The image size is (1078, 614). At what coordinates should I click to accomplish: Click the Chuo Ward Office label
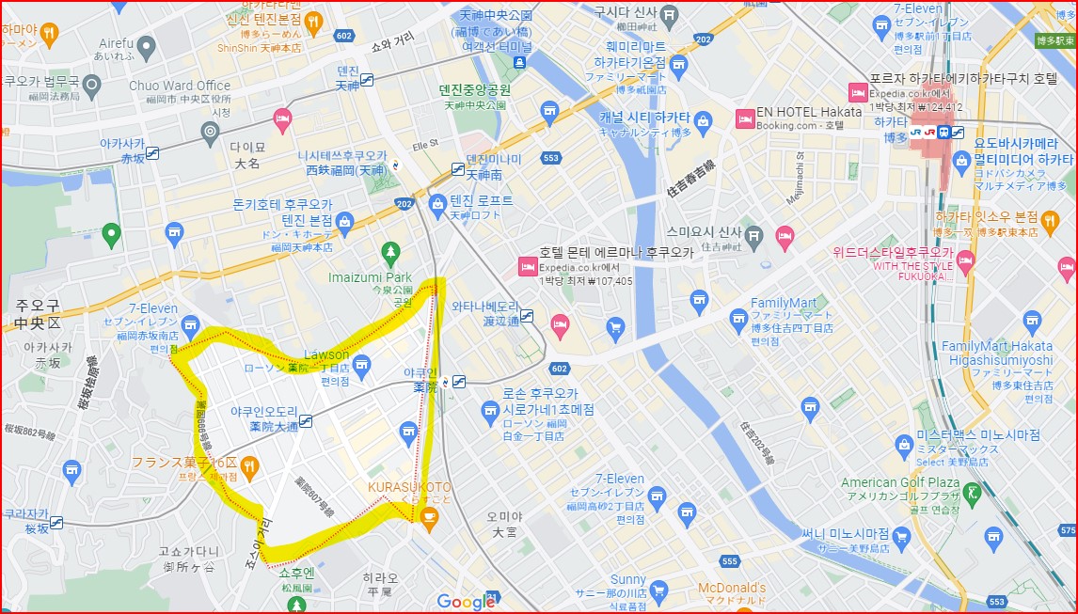[x=179, y=86]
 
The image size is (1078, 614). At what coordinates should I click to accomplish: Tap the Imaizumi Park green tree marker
[x=389, y=253]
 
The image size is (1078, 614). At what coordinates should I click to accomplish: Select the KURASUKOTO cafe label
[x=409, y=487]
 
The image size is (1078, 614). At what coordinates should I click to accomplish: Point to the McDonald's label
[x=731, y=589]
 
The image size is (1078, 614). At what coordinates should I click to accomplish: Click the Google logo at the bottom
[x=466, y=602]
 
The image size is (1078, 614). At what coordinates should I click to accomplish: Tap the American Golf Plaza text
[x=899, y=483]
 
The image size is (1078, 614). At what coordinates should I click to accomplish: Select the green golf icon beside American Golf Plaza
[x=973, y=492]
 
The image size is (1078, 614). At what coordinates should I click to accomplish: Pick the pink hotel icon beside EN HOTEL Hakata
[x=744, y=118]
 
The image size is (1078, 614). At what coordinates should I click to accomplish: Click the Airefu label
[x=116, y=43]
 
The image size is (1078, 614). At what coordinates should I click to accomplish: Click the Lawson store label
[x=326, y=354]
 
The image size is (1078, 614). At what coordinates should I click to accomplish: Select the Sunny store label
[x=627, y=580]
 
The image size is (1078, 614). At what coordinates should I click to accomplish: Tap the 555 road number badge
[x=729, y=561]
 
